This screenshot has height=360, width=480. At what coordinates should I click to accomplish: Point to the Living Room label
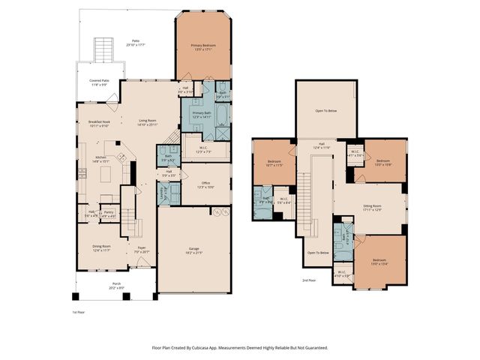[147, 121]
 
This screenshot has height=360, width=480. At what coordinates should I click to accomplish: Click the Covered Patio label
[98, 82]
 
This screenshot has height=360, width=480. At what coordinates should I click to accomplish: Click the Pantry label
[109, 213]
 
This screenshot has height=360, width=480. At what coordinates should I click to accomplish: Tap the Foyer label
[142, 250]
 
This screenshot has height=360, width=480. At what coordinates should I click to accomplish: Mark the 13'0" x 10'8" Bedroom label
[383, 162]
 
